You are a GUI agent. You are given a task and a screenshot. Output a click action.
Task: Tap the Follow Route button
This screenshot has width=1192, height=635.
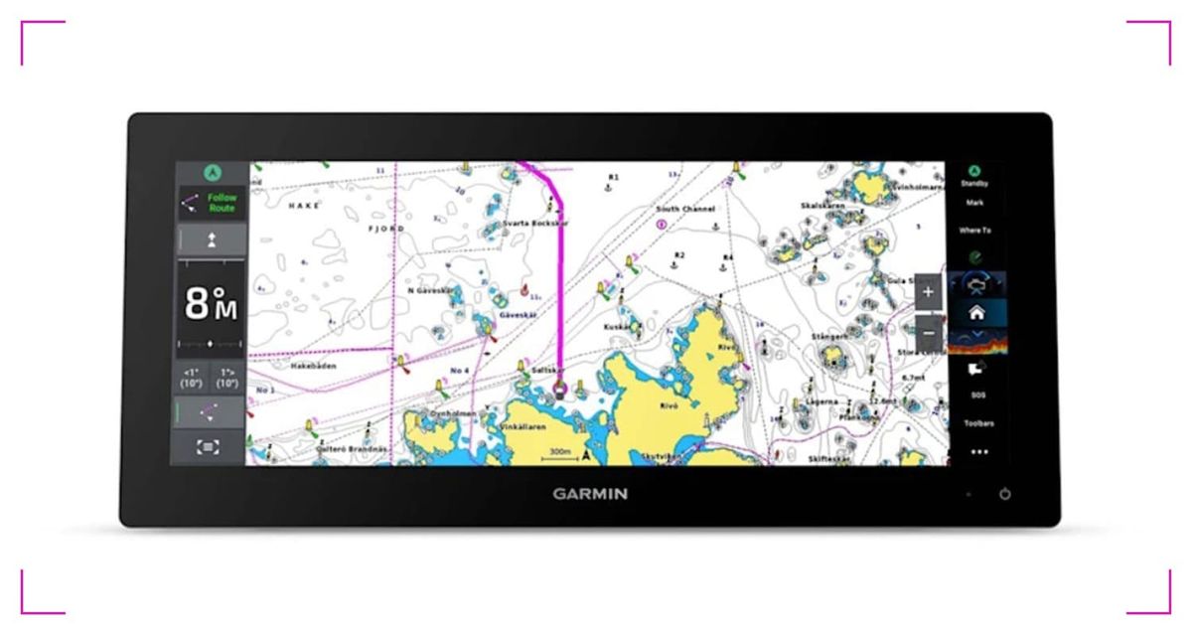(x=210, y=203)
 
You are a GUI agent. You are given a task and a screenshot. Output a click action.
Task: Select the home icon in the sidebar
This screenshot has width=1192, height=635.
(x=976, y=312)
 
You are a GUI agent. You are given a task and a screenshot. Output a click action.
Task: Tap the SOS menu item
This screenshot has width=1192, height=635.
(x=978, y=395)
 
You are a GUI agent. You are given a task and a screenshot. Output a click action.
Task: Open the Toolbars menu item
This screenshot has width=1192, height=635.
(x=978, y=423)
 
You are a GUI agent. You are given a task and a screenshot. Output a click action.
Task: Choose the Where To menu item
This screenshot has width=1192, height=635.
(x=974, y=231)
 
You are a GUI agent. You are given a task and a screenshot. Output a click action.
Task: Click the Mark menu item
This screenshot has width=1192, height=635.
(x=974, y=203)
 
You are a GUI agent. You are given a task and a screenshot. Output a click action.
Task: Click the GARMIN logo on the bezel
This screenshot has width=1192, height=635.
(x=590, y=494)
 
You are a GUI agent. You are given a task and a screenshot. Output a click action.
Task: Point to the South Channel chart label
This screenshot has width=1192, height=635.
(x=685, y=210)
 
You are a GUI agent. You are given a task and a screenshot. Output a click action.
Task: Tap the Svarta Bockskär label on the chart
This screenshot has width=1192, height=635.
(x=534, y=225)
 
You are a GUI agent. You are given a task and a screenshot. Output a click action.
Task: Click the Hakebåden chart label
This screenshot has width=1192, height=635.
(x=313, y=366)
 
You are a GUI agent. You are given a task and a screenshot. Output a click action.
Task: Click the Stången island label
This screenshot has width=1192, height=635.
(x=829, y=338)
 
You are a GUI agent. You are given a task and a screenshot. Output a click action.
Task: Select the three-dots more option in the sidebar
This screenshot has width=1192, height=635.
(x=979, y=451)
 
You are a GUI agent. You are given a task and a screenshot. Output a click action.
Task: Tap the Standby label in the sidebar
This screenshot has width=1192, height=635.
(x=974, y=184)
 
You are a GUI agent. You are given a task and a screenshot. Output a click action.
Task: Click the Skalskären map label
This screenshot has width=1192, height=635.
(x=822, y=206)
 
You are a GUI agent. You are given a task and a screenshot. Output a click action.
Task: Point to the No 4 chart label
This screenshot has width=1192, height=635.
(x=459, y=371)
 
